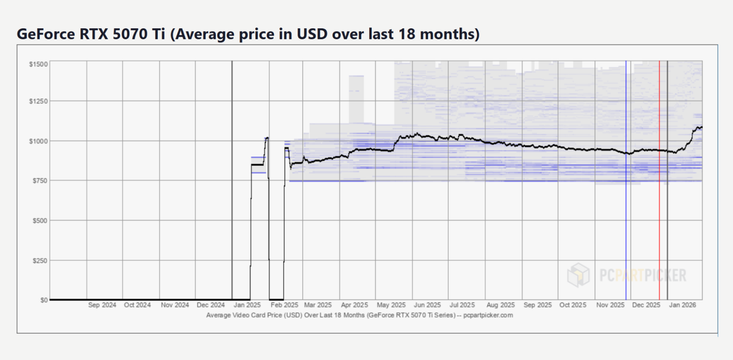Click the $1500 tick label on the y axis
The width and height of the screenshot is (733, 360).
[x=38, y=64]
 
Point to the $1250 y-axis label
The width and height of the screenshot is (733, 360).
[x=38, y=101]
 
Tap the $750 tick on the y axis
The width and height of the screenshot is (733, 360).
[x=40, y=180]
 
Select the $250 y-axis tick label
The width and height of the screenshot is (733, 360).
[x=40, y=261]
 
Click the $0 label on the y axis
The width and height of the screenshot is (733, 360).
[x=44, y=300]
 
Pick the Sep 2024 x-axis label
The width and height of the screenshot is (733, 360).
[x=102, y=305]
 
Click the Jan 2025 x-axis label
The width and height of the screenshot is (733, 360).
[x=247, y=305]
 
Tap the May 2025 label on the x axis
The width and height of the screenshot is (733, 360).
[x=391, y=305]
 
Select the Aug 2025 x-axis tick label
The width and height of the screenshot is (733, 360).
[x=500, y=305]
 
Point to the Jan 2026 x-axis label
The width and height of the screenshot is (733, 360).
[x=682, y=305]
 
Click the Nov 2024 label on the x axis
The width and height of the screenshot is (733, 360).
[x=175, y=305]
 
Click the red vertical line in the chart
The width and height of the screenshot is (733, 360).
[x=659, y=180]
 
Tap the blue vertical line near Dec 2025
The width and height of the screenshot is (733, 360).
[x=626, y=180]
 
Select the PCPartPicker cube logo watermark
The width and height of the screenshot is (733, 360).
[x=578, y=275]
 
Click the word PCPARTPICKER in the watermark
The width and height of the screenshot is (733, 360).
[x=643, y=275]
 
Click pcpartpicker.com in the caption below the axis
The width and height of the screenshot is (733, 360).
[x=488, y=315]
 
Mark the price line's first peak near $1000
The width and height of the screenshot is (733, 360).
[x=267, y=138]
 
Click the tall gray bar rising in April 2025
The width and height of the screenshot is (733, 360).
[x=356, y=100]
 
